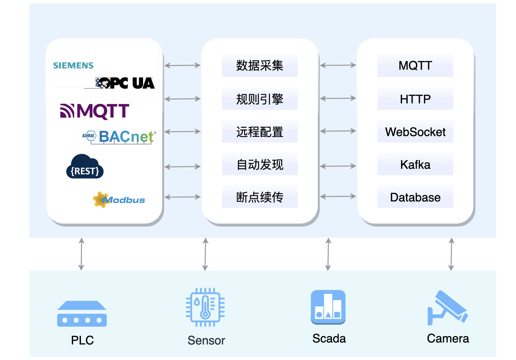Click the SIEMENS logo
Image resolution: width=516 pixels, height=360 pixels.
[x=73, y=65]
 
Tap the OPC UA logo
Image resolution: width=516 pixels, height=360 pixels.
[x=126, y=83]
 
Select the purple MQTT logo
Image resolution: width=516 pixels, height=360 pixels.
[x=94, y=111]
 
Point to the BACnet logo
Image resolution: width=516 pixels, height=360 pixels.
[x=120, y=136]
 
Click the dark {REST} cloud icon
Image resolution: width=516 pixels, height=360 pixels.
[x=85, y=167]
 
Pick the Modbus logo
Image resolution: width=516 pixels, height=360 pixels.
[x=119, y=200]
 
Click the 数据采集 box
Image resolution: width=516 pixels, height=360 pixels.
[x=260, y=65]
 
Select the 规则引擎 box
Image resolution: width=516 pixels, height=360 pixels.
[x=260, y=99]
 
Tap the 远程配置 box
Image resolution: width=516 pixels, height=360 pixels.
[x=260, y=131]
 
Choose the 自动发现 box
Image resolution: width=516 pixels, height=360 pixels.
[x=260, y=164]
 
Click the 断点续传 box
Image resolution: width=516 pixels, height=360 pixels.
[x=260, y=197]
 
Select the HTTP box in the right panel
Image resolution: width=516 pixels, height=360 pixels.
[x=415, y=99]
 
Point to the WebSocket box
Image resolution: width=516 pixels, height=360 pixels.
[x=415, y=131]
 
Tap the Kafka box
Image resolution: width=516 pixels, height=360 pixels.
[x=415, y=164]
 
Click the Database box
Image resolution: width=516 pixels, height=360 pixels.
[x=415, y=197]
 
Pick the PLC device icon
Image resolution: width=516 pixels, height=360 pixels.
[x=82, y=314]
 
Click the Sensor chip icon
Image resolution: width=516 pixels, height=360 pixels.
[x=205, y=307]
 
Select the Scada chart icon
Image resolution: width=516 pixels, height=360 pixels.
[x=328, y=307]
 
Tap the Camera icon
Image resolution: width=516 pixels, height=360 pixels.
[x=448, y=307]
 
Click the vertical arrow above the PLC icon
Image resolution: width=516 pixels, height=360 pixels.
[x=82, y=254]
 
